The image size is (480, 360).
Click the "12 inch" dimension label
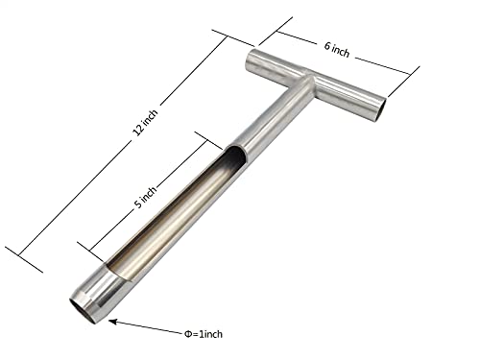point(146,123)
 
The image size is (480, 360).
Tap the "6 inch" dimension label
point(337,50)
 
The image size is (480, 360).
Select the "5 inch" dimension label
point(145,197)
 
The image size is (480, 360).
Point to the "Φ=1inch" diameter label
point(204,334)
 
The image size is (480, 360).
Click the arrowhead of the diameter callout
point(112,322)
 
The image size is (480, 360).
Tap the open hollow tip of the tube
point(83,310)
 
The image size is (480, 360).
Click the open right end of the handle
point(380,110)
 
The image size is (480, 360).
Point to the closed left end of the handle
point(252,60)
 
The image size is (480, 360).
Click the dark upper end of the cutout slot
point(236,155)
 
